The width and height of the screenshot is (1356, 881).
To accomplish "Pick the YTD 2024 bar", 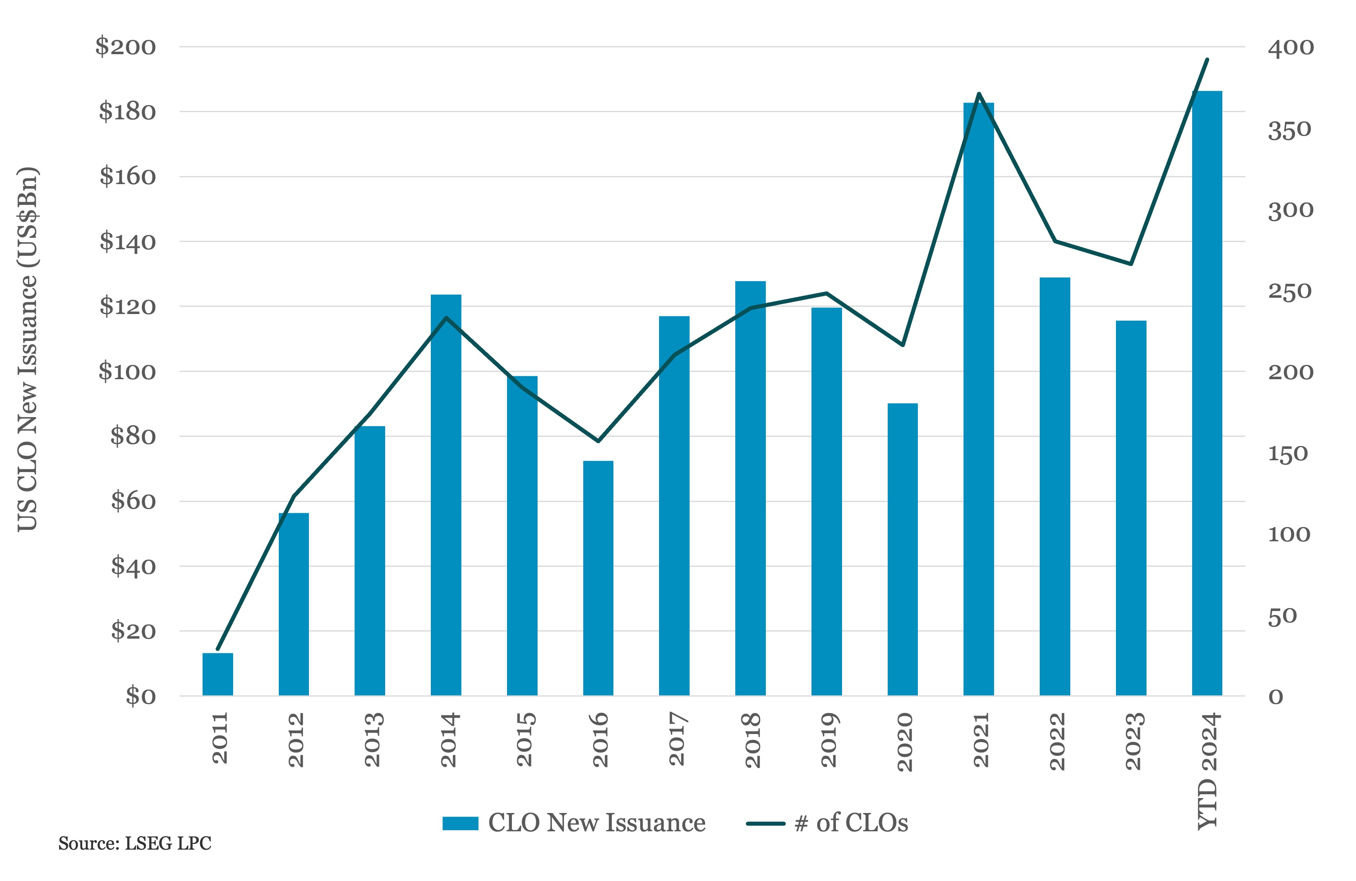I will coord(1207,393).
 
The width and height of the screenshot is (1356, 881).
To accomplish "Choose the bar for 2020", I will coord(902,549).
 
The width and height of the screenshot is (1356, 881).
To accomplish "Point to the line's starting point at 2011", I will coord(218,649).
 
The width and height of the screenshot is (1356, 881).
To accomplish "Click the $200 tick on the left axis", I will coord(126,47).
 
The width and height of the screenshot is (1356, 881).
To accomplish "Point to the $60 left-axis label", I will coord(133,501).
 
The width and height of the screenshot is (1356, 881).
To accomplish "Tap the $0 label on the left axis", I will coord(140,696).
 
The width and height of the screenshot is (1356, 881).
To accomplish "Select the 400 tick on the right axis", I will coord(1290,48).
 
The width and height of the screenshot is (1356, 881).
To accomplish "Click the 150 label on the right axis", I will coord(1287,454).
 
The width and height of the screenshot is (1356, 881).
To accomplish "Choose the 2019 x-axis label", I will coord(829,739).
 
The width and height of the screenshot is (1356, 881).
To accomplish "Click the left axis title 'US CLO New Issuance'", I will coord(27,349).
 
